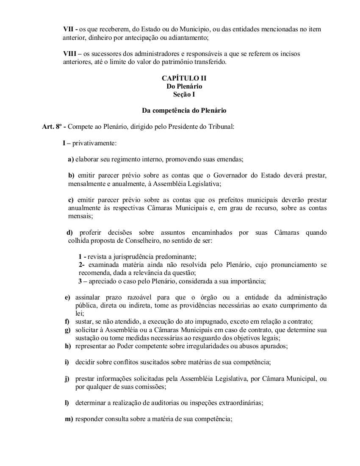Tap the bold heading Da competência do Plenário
[184, 111]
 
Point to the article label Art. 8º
[50, 127]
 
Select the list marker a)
[71, 159]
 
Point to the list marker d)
[70, 232]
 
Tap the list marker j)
[67, 378]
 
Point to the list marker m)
[69, 419]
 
